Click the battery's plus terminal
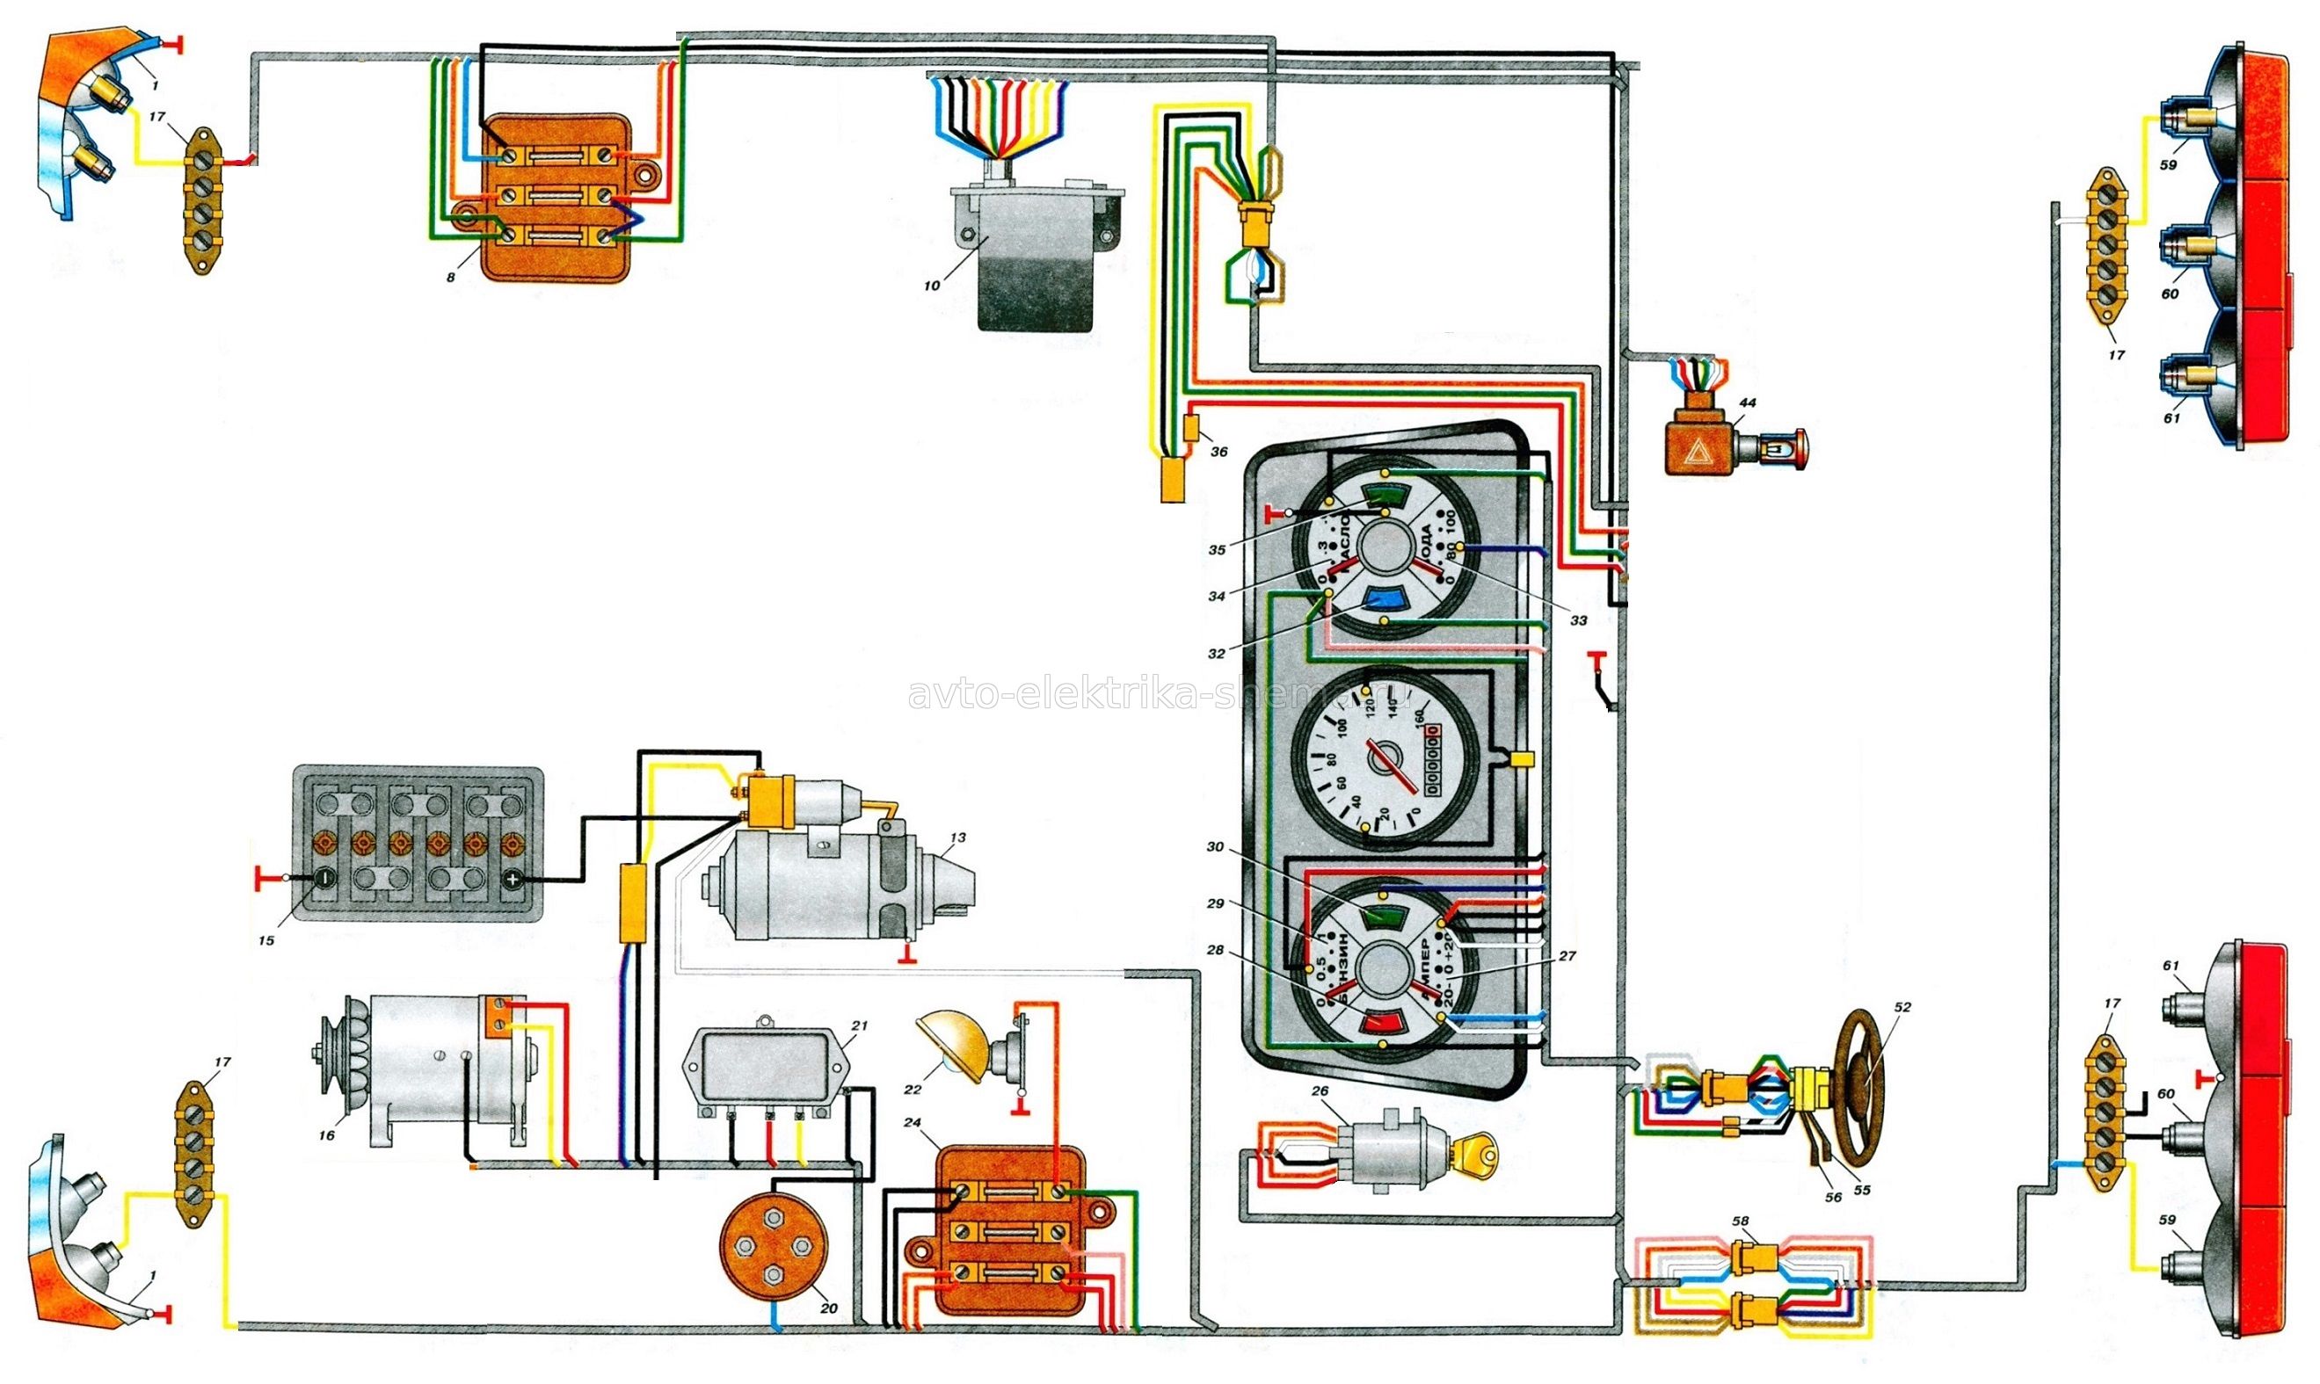coord(511,879)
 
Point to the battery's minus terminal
coord(324,879)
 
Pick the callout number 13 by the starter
coord(958,837)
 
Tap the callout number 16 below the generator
coord(326,1135)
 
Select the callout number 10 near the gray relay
coord(932,286)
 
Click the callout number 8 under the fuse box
coord(452,277)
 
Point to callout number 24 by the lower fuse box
coord(913,1123)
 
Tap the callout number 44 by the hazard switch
coord(1747,402)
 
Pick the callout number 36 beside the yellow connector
coord(1219,452)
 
